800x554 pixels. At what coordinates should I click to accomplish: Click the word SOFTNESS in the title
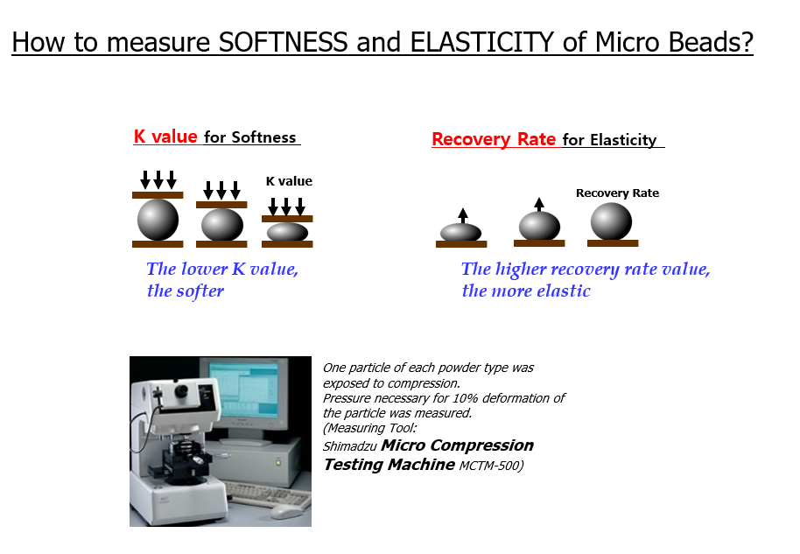(284, 42)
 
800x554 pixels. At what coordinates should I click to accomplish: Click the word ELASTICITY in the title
(482, 42)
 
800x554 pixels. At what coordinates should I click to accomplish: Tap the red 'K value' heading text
(165, 137)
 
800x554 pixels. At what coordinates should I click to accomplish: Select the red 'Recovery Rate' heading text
(494, 139)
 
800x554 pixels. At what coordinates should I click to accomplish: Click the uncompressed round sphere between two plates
(158, 220)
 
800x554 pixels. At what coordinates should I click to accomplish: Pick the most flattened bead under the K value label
(287, 232)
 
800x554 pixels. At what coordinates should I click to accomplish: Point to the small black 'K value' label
(289, 181)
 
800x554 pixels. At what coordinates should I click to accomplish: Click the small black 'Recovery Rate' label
(617, 193)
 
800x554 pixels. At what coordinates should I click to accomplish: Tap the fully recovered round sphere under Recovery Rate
(611, 221)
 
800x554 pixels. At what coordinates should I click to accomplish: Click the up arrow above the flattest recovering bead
(463, 216)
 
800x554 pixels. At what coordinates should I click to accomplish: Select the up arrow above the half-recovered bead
(539, 204)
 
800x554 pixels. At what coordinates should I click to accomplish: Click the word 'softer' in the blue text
(200, 291)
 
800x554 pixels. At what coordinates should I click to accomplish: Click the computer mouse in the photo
(286, 511)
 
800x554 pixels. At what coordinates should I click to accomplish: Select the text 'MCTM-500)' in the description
(491, 466)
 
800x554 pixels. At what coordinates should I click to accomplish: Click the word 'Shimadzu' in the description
(349, 446)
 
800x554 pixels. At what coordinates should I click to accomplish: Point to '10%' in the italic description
(464, 398)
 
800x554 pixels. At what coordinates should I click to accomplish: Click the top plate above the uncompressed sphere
(158, 195)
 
